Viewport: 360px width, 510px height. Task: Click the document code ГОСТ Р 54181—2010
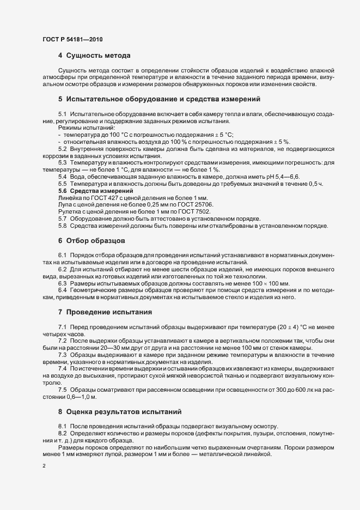(72, 40)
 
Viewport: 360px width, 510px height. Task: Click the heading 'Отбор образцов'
(96, 240)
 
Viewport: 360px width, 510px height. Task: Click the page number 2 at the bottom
(44, 466)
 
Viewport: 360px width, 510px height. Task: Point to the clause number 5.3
(63, 162)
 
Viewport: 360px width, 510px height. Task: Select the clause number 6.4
(63, 289)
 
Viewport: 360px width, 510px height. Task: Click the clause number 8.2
(63, 433)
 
